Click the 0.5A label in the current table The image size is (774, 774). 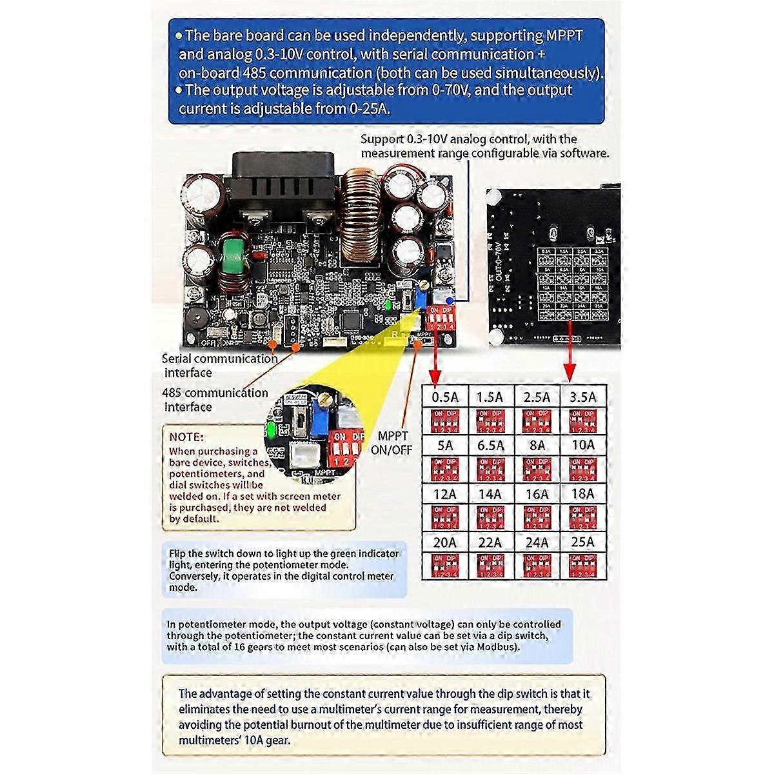coord(444,397)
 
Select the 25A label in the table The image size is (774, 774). coord(582,542)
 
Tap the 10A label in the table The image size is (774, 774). coord(582,445)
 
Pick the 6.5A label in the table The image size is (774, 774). coord(490,445)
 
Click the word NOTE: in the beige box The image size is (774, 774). coord(186,437)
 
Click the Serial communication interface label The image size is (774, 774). coord(219,365)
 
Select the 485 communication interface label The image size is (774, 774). coord(215,399)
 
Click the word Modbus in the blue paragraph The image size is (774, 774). coord(497,646)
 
